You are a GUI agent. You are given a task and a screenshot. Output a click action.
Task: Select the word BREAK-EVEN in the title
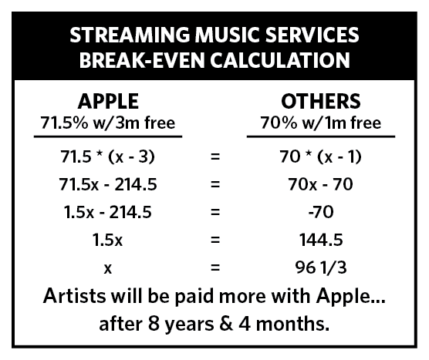tap(140, 59)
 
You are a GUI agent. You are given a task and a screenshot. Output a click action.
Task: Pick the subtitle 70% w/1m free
tap(320, 122)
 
